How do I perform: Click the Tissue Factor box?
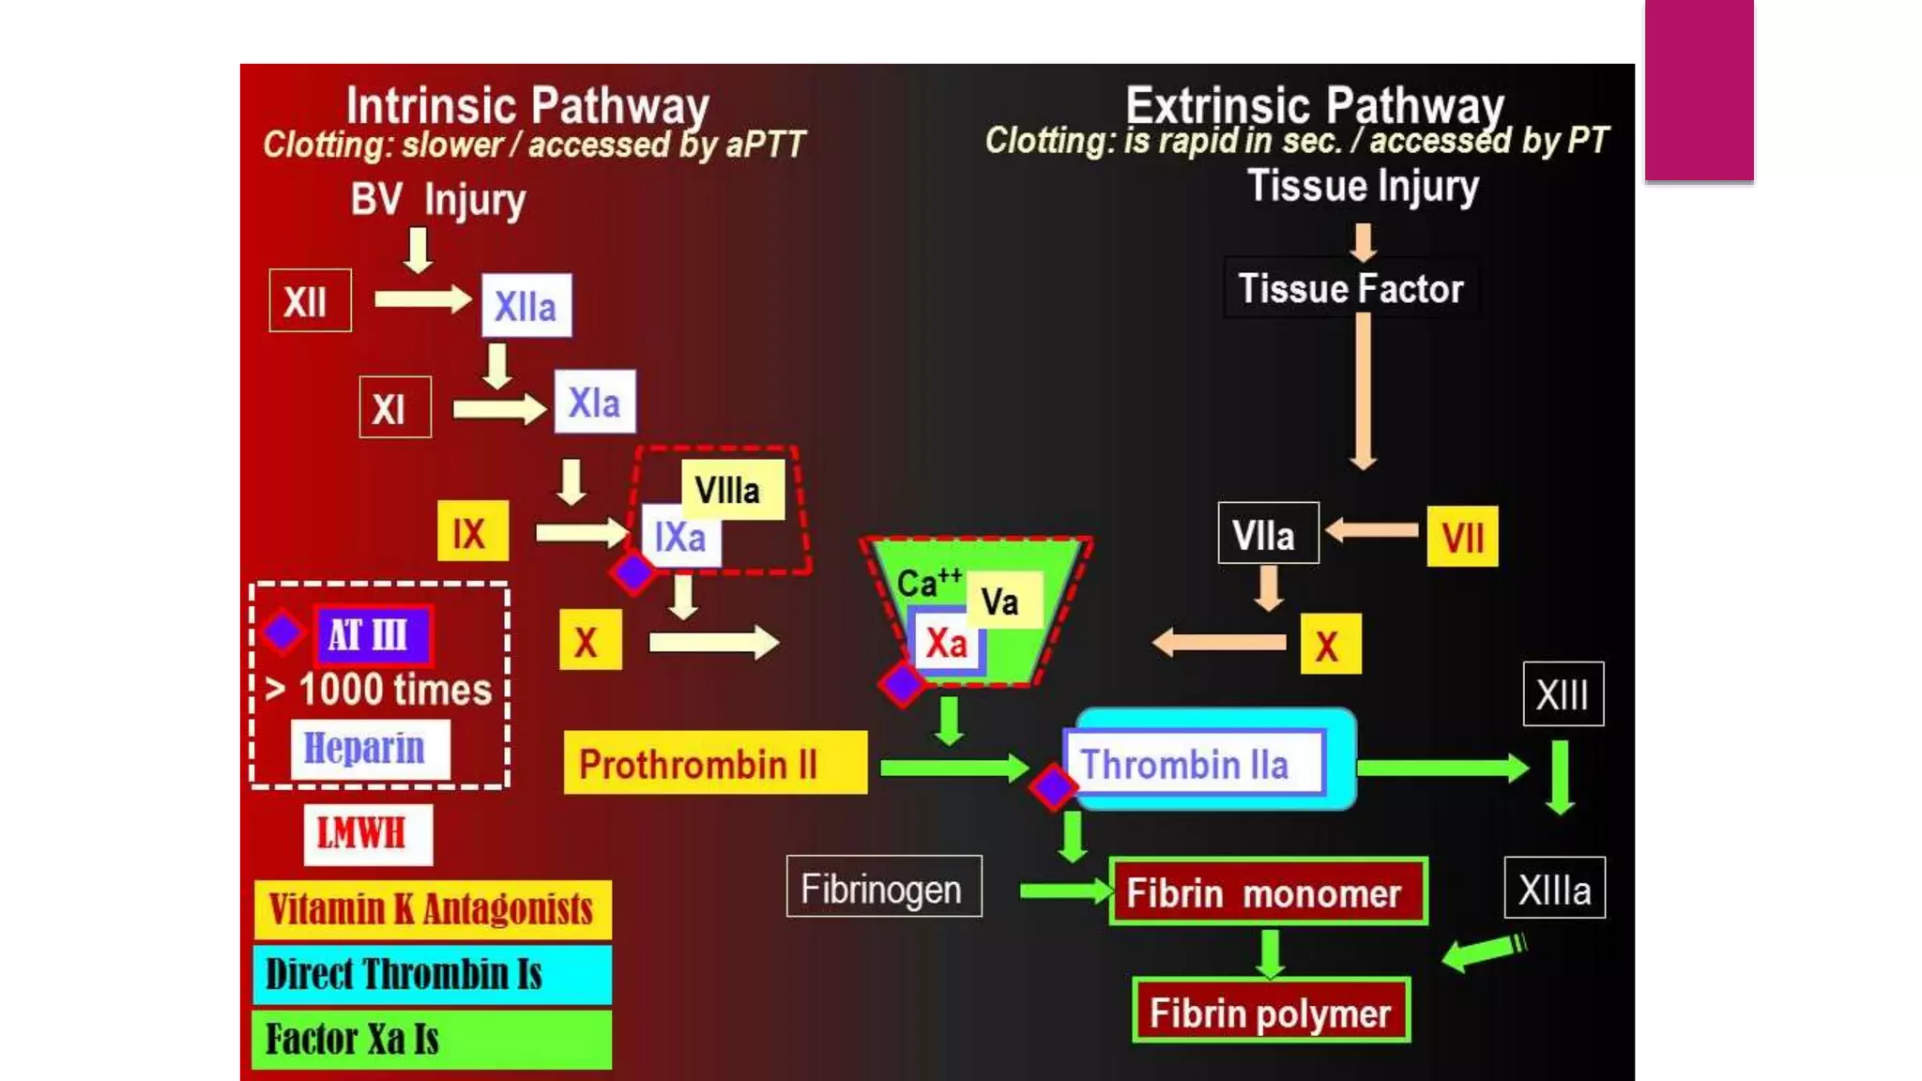point(1350,288)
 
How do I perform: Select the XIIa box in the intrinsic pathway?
point(526,306)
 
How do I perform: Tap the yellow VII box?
point(1461,537)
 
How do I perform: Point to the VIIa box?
point(1267,534)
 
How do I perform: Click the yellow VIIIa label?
point(731,489)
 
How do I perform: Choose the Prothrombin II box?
point(714,763)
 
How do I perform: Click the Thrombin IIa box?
point(1194,763)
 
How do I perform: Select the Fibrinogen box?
point(883,887)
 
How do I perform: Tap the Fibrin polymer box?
point(1271,1012)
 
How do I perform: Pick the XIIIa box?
point(1554,888)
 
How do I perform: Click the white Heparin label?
point(369,749)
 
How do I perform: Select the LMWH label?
point(368,833)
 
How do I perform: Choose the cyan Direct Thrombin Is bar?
point(432,974)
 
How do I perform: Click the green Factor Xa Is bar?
point(432,1039)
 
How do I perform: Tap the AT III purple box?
point(373,635)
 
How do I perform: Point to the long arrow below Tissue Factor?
point(1363,389)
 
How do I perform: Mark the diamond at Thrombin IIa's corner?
point(1053,785)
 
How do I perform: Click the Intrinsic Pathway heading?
point(527,105)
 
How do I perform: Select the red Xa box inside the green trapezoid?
point(946,643)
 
